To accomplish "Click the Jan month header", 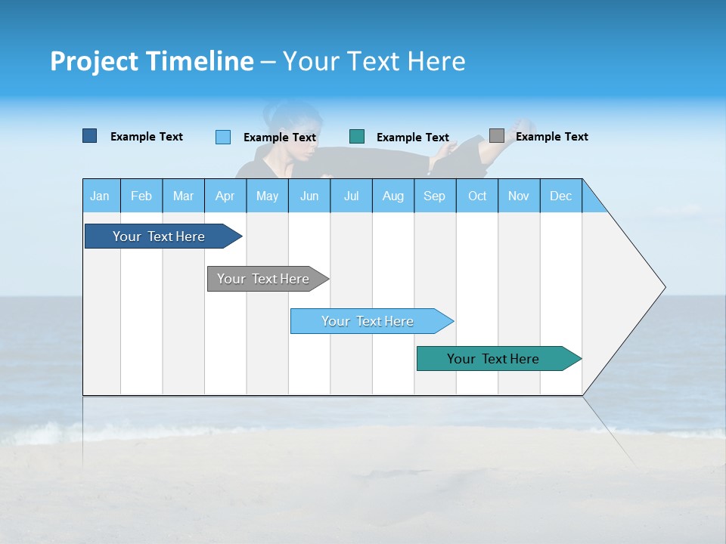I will click(x=100, y=196).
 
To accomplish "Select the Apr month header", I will click(x=225, y=196).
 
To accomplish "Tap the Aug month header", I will click(x=392, y=196).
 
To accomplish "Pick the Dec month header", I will click(x=560, y=196).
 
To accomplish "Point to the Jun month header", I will click(x=309, y=196).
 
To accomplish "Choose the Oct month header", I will click(x=476, y=196).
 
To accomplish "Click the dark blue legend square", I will click(x=89, y=136).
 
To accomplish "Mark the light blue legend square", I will click(x=222, y=137).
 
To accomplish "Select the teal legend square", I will click(x=357, y=137).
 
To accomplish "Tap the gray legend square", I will click(x=496, y=136).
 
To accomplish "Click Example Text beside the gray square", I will click(x=551, y=137).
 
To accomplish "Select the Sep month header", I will click(x=434, y=196).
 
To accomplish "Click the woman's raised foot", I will click(x=520, y=125).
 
